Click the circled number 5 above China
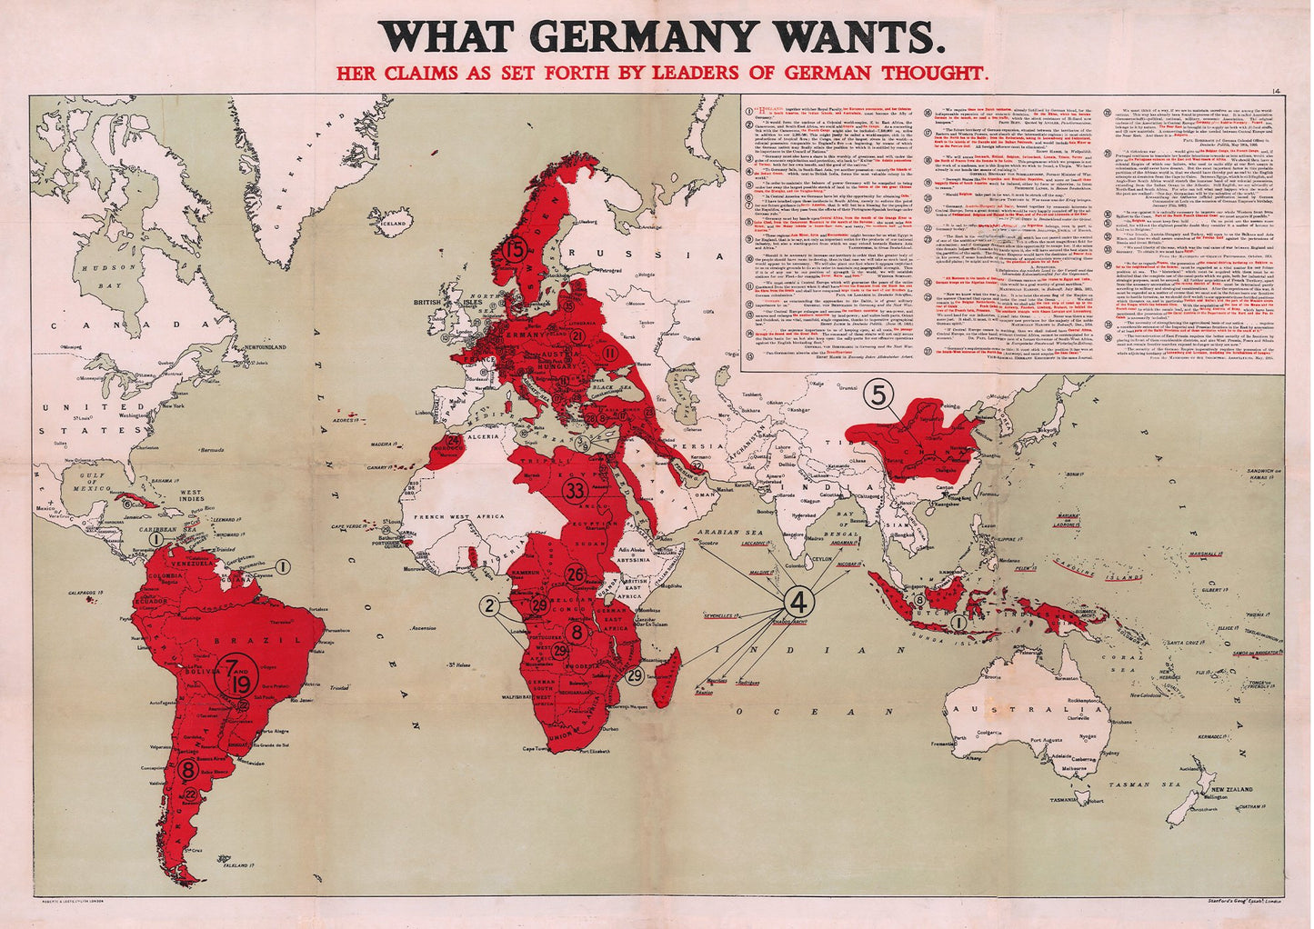(878, 394)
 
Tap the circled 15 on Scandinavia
(516, 248)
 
